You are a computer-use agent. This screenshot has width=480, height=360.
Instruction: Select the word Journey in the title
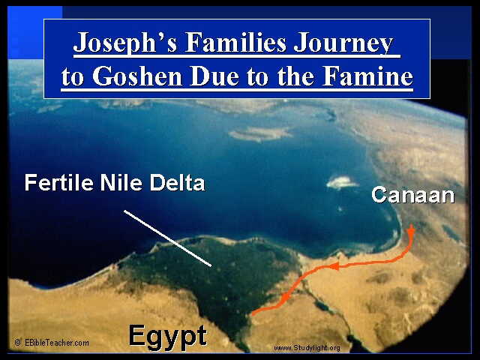(x=343, y=43)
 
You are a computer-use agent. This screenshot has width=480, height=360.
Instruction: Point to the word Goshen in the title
(x=137, y=76)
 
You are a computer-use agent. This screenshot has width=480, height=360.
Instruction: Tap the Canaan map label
(x=413, y=195)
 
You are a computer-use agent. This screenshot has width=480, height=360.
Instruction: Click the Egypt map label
(x=168, y=337)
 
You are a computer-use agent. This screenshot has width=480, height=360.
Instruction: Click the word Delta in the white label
(x=177, y=183)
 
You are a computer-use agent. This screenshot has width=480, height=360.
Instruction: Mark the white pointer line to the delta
(x=168, y=238)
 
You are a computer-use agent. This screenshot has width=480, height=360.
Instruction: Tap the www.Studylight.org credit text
(x=307, y=348)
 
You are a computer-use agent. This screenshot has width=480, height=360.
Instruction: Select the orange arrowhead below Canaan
(x=411, y=231)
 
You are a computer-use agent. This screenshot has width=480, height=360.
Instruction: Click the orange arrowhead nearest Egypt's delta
(x=285, y=297)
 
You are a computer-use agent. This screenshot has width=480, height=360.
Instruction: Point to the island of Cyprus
(x=260, y=133)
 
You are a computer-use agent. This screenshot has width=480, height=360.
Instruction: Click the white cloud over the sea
(x=342, y=182)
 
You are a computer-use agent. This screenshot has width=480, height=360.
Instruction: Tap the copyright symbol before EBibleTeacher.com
(x=18, y=343)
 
